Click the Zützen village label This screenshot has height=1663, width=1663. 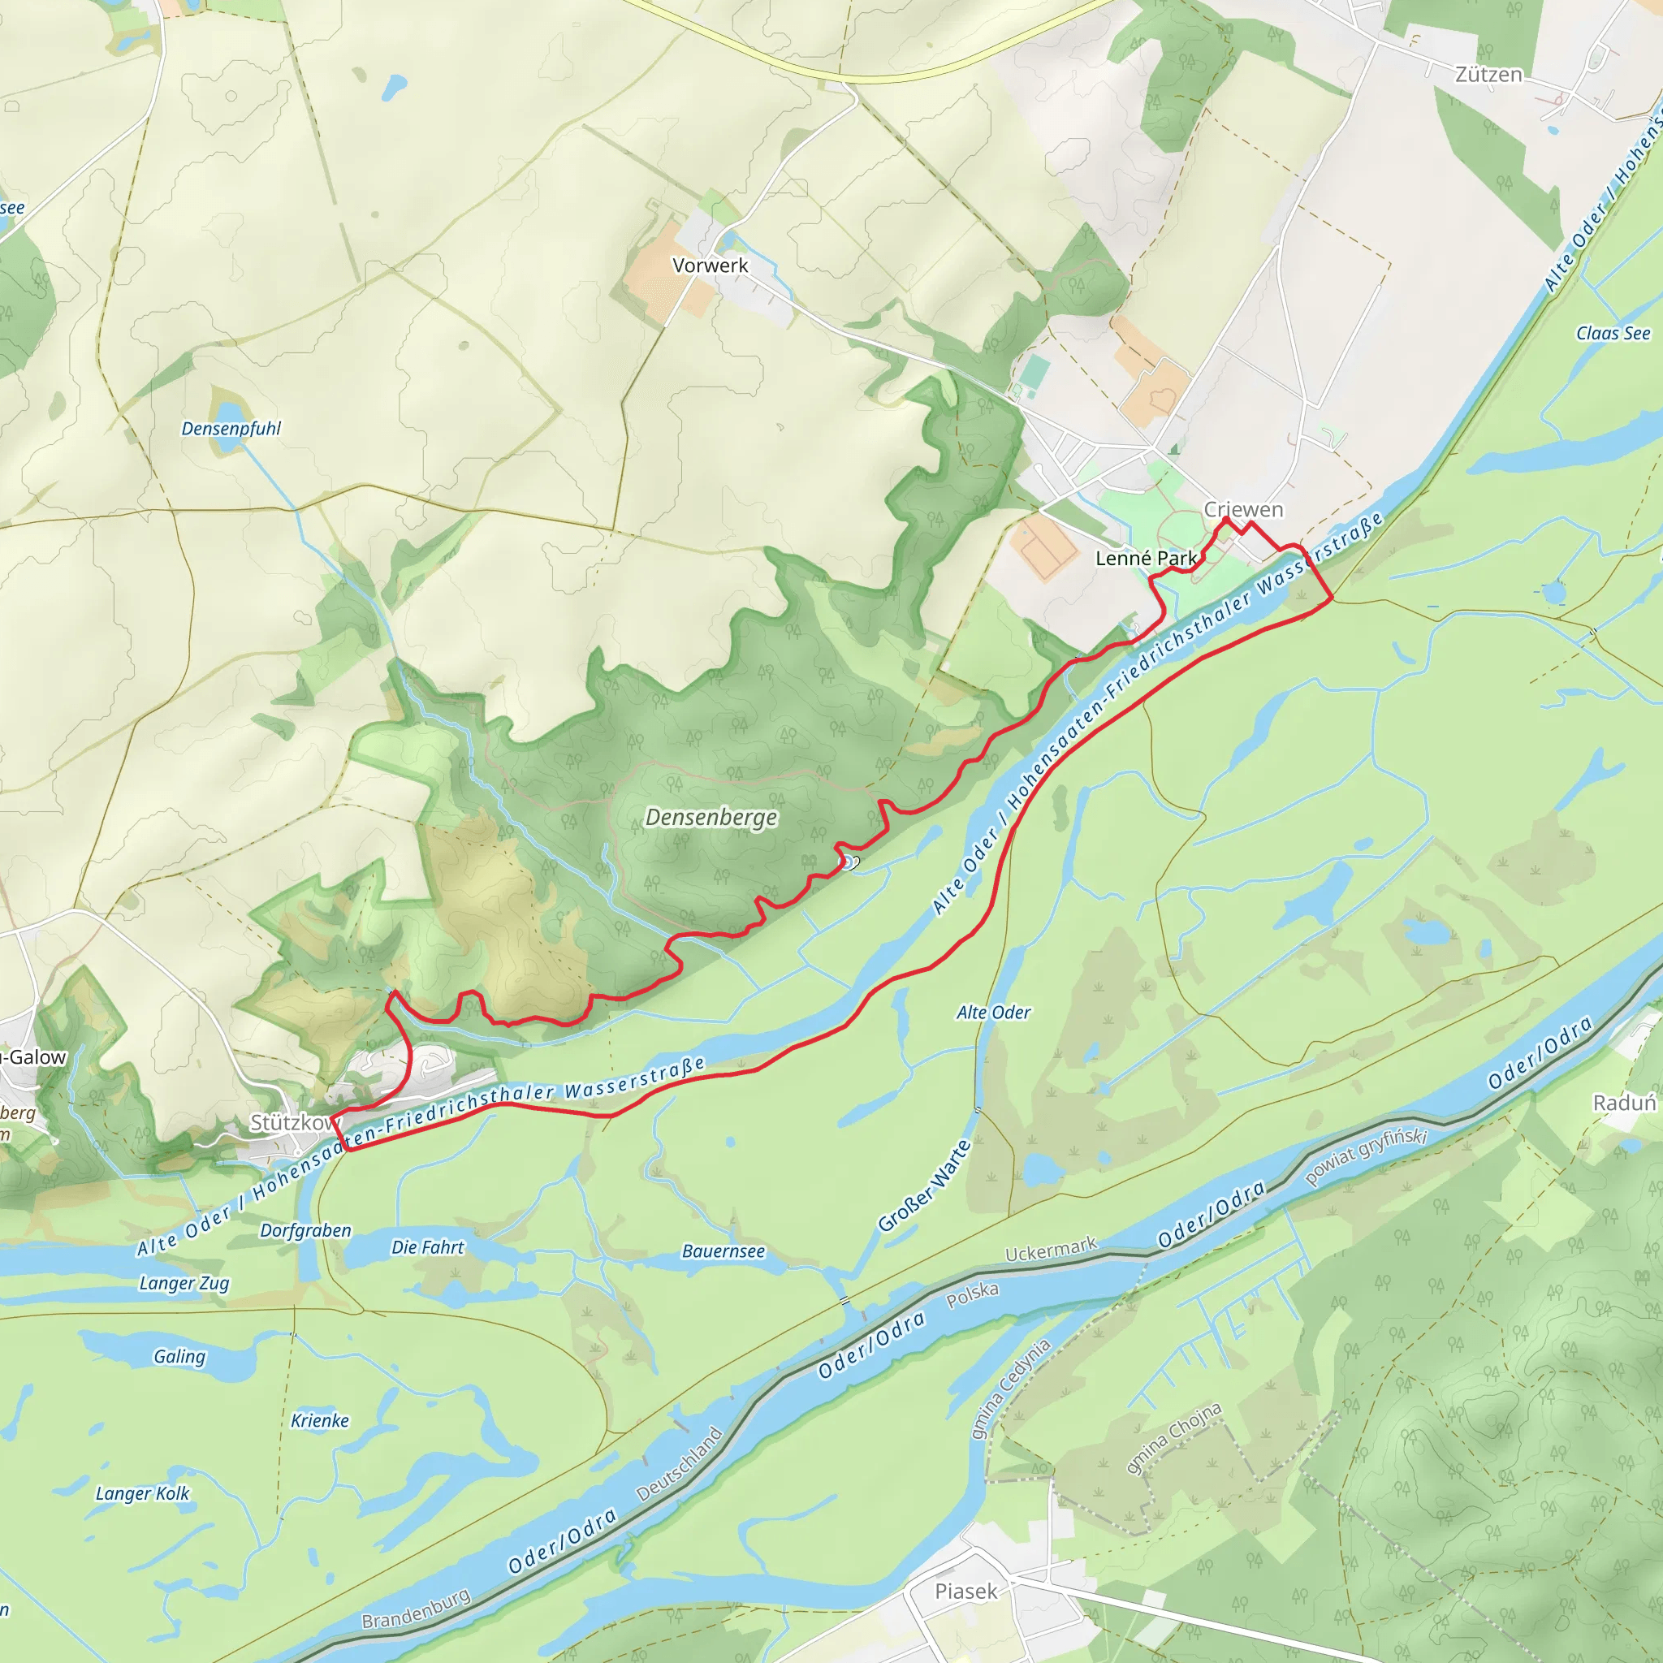pyautogui.click(x=1488, y=75)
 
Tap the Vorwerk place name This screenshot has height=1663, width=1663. pyautogui.click(x=711, y=265)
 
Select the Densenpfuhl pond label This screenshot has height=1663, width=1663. pyautogui.click(x=231, y=429)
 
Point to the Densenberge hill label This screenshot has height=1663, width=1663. pyautogui.click(x=711, y=817)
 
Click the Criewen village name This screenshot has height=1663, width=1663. pyautogui.click(x=1243, y=510)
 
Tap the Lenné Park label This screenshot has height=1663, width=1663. pyautogui.click(x=1146, y=559)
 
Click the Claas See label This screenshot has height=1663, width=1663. pyautogui.click(x=1613, y=333)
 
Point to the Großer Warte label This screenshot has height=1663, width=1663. pyautogui.click(x=924, y=1186)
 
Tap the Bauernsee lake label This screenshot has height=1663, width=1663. pyautogui.click(x=723, y=1251)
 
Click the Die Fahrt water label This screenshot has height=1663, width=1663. pyautogui.click(x=427, y=1247)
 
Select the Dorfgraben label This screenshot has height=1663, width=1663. pyautogui.click(x=305, y=1231)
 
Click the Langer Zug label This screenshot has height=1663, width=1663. pyautogui.click(x=184, y=1284)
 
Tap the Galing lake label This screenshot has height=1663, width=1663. pyautogui.click(x=179, y=1357)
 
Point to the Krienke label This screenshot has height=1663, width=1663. pyautogui.click(x=319, y=1420)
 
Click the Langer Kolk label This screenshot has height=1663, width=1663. pyautogui.click(x=142, y=1493)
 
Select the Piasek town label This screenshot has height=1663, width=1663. pyautogui.click(x=965, y=1592)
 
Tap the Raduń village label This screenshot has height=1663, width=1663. pyautogui.click(x=1624, y=1104)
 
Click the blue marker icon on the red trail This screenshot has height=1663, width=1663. pyautogui.click(x=847, y=862)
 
